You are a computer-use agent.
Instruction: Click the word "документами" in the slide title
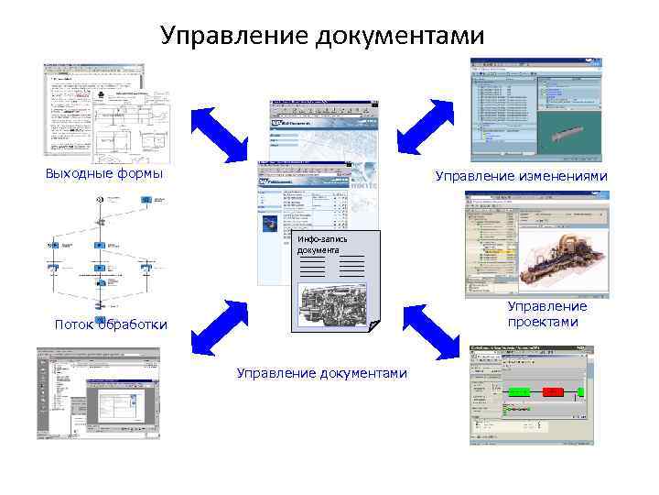tap(400, 36)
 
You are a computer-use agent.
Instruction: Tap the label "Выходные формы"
tap(103, 174)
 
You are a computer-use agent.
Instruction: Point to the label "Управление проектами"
tap(546, 313)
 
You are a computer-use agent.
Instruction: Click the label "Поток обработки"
tap(111, 324)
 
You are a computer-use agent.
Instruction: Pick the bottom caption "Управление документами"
tap(321, 372)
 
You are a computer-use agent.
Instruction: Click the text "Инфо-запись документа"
tap(318, 244)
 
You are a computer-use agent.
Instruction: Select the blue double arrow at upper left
tap(220, 135)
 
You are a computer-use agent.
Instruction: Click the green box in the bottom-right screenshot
tap(519, 391)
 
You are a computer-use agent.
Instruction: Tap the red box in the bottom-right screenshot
tap(552, 391)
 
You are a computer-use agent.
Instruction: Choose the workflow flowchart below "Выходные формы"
tap(101, 252)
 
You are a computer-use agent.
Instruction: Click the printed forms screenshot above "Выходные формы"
tap(106, 114)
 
